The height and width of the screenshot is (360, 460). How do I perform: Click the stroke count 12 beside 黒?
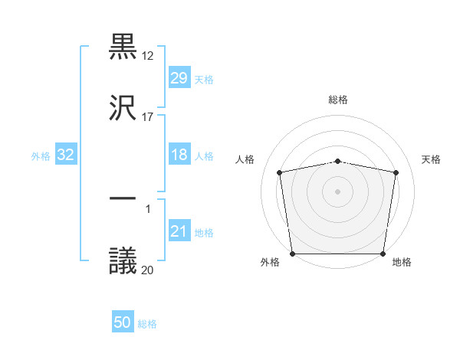tap(148, 56)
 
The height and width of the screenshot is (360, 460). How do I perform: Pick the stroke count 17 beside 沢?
tap(148, 116)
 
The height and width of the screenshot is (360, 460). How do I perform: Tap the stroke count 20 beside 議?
tap(148, 270)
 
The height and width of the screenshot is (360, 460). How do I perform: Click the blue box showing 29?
tap(179, 78)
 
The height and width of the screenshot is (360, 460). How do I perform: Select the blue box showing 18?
tap(179, 155)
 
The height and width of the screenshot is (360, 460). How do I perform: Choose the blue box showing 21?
tap(179, 231)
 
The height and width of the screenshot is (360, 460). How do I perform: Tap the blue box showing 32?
tap(66, 155)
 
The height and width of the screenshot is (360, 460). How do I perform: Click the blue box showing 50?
tap(123, 323)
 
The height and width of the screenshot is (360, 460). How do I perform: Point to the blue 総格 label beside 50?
tap(147, 324)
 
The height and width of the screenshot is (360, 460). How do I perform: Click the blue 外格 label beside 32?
tap(41, 156)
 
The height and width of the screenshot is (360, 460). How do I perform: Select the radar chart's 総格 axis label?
tap(338, 100)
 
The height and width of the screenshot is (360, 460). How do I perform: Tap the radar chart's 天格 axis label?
tap(432, 159)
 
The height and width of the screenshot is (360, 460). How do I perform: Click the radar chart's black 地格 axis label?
tap(402, 263)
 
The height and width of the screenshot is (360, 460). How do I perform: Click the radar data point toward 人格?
tap(281, 172)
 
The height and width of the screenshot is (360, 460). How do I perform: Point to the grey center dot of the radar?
tap(338, 191)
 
